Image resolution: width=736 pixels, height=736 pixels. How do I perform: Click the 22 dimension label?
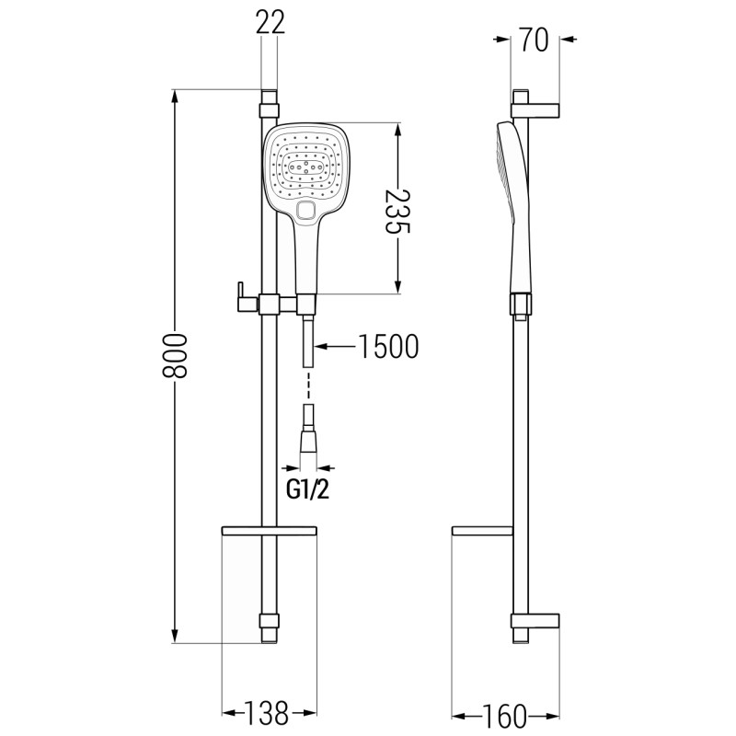(x=270, y=21)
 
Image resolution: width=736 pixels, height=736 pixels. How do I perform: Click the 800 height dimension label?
(x=174, y=356)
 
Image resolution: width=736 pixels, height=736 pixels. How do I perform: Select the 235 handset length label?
(x=397, y=212)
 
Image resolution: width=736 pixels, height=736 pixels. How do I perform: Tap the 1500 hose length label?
(x=388, y=347)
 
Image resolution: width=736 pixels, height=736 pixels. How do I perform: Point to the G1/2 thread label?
(x=308, y=490)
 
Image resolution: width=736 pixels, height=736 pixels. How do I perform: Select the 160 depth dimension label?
(x=504, y=717)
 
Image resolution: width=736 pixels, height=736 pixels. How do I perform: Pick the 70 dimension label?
(x=535, y=40)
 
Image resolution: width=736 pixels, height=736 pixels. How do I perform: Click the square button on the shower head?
(x=308, y=210)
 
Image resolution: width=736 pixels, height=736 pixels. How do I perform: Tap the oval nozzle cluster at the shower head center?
(x=305, y=167)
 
